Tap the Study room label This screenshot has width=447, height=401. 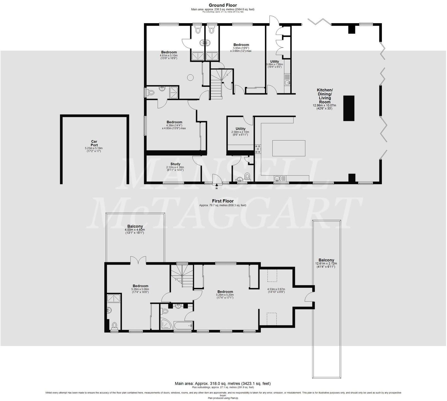[175, 164]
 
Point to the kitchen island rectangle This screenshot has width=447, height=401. [289, 148]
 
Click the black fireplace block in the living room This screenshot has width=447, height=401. [348, 108]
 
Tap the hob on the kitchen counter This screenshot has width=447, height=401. [258, 149]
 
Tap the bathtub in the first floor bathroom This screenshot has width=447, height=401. [183, 325]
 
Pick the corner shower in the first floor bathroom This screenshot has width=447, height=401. [166, 324]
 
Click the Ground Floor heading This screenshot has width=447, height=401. [223, 5]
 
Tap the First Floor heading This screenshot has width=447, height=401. [223, 201]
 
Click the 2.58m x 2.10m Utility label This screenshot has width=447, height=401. [240, 129]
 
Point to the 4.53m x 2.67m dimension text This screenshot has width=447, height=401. [276, 291]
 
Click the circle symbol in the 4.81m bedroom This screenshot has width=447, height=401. [190, 77]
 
